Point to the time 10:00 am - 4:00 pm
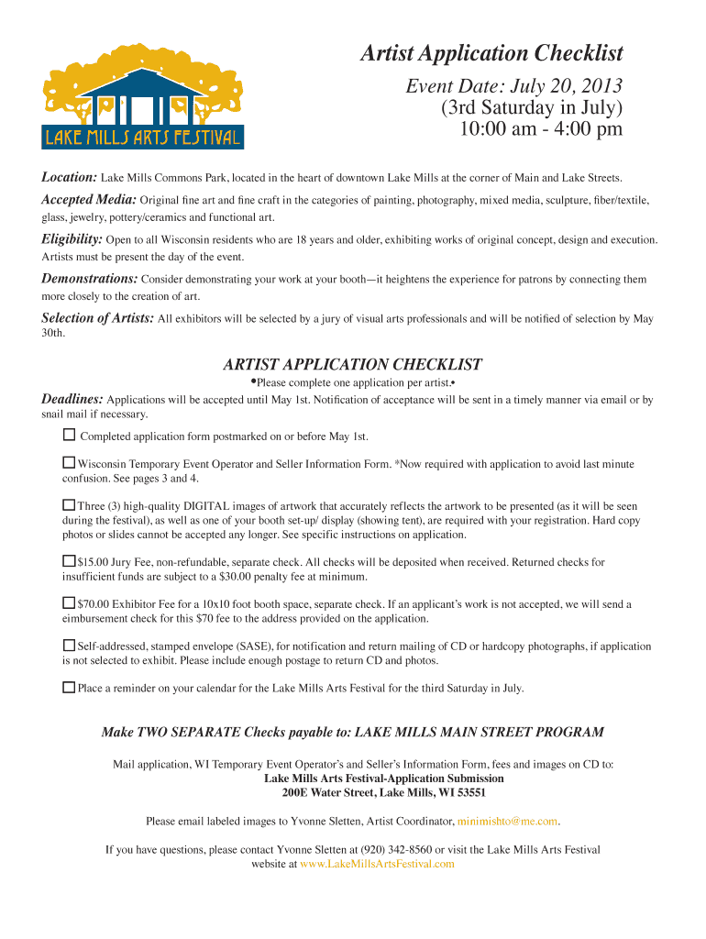point(541,128)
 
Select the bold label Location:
point(70,177)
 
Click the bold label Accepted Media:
point(90,200)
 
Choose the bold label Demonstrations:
point(90,279)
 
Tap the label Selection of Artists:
point(98,318)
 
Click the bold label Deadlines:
point(72,399)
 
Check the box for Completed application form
point(69,435)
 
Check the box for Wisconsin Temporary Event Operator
point(69,463)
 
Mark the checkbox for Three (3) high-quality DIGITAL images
point(69,505)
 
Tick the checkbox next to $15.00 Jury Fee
point(69,561)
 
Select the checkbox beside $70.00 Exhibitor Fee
point(69,603)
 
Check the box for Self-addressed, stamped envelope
point(69,646)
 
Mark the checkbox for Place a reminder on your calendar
point(69,687)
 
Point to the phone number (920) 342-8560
point(395,849)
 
